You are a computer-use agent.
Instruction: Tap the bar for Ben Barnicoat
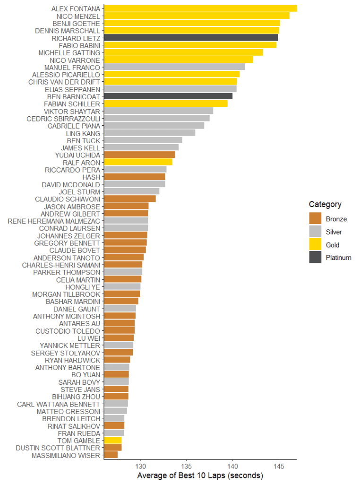coord(168,96)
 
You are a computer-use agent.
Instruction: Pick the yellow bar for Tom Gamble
coord(112,441)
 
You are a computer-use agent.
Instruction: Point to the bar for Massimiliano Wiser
coord(111,455)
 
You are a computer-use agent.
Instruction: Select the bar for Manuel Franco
coord(174,67)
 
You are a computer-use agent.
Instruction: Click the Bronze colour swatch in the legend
coord(315,219)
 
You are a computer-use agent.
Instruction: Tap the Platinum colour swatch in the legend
coord(315,258)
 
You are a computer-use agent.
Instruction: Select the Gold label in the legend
coord(333,245)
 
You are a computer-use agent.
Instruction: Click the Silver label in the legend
coord(334,232)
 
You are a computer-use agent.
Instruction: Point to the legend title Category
coord(325,205)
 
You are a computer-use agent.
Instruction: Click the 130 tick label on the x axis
coord(141,465)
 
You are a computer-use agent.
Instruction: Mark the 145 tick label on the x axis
coord(279,465)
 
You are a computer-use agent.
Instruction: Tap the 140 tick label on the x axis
coord(232,465)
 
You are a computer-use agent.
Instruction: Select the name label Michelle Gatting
coord(69,52)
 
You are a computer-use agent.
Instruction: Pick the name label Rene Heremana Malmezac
coord(54,221)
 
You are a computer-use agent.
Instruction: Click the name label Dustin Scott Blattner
coord(58,448)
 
